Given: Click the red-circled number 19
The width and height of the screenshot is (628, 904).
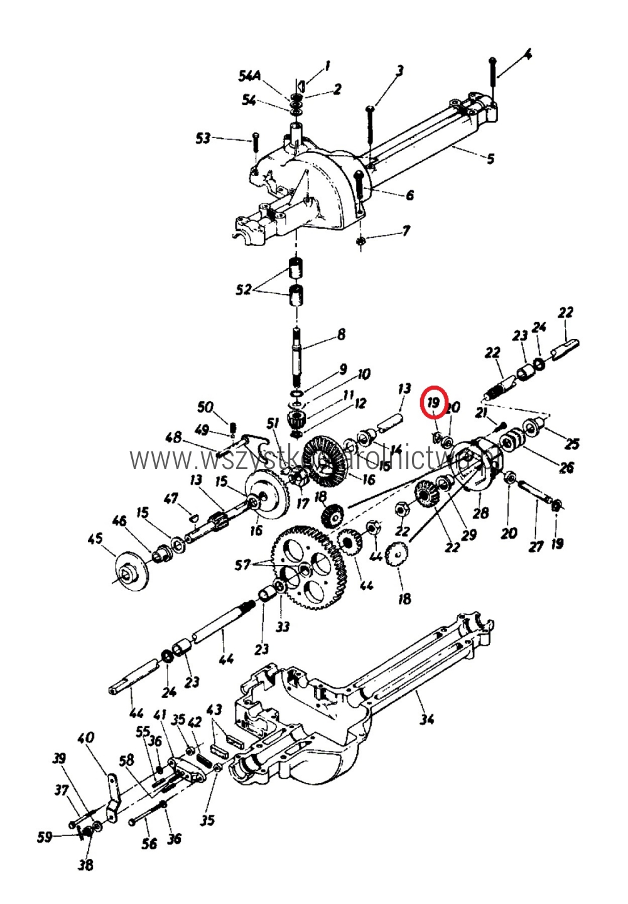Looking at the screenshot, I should click(x=433, y=402).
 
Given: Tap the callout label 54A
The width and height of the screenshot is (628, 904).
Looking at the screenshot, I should click(x=249, y=76).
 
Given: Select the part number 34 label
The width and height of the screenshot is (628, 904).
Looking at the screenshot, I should click(x=427, y=719).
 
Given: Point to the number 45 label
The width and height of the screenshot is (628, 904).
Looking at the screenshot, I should click(x=95, y=539).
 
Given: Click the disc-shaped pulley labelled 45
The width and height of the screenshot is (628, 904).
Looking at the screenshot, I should click(x=131, y=571).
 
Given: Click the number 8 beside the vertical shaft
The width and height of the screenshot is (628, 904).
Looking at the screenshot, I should click(x=341, y=333).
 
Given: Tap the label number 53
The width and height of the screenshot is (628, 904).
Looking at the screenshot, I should click(x=203, y=137).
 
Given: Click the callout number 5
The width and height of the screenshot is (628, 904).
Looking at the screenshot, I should click(x=490, y=158).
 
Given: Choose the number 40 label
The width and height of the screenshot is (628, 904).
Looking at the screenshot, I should click(x=86, y=737).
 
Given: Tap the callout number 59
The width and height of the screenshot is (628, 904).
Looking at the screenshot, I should click(x=45, y=836).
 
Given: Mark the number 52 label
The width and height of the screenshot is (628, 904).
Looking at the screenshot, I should click(x=244, y=289).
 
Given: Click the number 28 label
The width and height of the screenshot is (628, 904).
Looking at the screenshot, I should click(x=480, y=513).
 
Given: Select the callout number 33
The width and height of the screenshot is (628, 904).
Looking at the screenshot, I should click(x=283, y=626).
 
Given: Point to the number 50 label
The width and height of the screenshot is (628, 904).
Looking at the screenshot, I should click(x=205, y=407).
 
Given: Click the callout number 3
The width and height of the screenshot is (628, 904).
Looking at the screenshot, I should click(x=399, y=71).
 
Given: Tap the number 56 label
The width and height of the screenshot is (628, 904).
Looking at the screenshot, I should click(x=149, y=843).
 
